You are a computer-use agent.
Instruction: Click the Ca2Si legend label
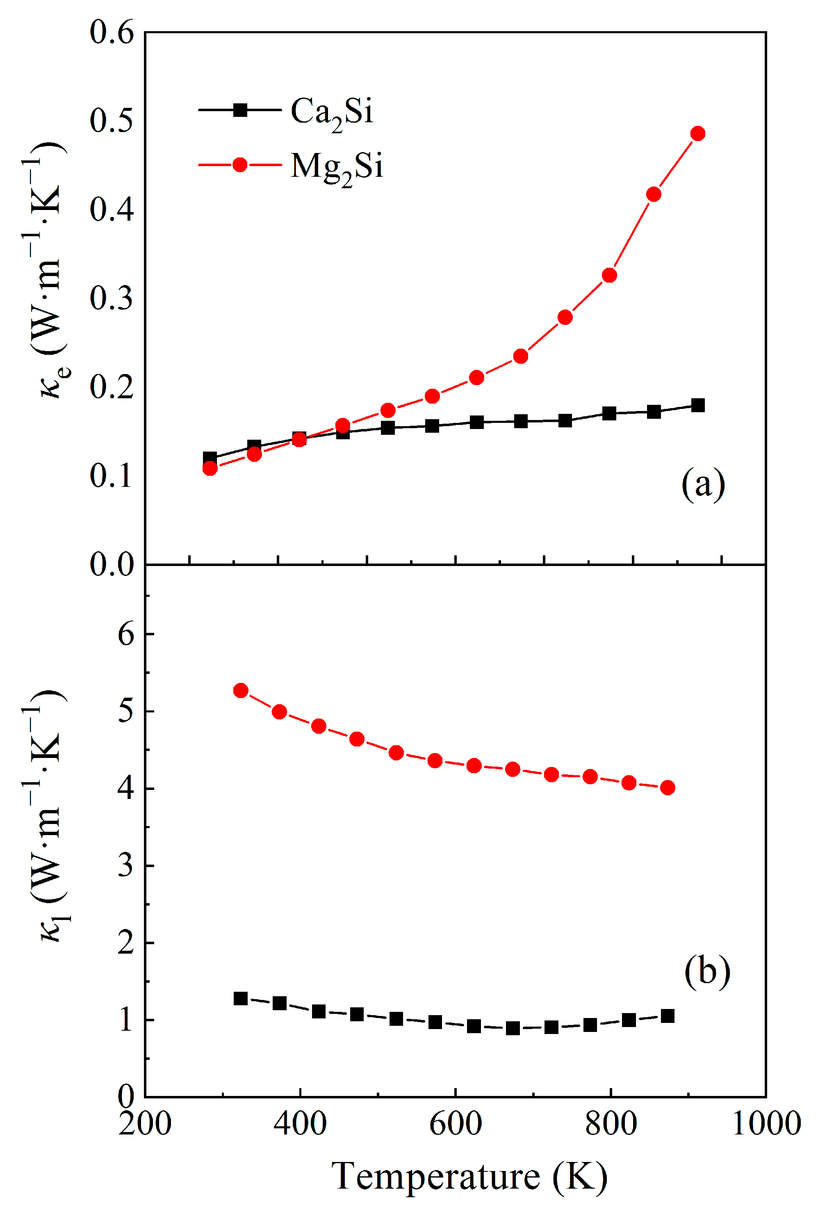(x=332, y=112)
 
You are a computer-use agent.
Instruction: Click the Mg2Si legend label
(x=337, y=167)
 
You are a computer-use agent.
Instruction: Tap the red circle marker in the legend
(x=240, y=165)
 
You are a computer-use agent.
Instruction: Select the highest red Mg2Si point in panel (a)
(x=697, y=134)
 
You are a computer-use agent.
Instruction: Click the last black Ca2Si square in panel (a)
(x=697, y=405)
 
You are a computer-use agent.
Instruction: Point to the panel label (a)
(x=703, y=484)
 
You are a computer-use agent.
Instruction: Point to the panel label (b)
(x=706, y=971)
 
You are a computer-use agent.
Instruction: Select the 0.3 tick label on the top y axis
(x=112, y=299)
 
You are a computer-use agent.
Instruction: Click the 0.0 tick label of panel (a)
(x=112, y=564)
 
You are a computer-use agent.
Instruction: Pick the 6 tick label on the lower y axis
(x=126, y=635)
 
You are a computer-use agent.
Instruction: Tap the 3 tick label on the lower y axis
(x=126, y=866)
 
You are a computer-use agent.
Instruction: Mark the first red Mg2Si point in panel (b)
(x=240, y=690)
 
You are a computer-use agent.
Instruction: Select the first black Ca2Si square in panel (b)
(x=240, y=999)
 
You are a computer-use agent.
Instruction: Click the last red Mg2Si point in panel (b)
(x=668, y=787)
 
